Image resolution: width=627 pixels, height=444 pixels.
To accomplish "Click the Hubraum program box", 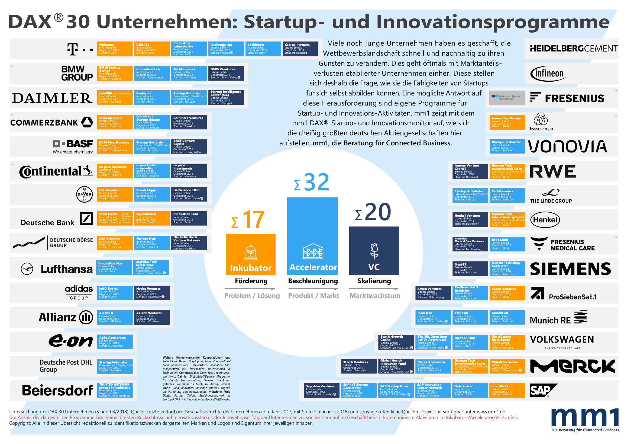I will click(x=115, y=49).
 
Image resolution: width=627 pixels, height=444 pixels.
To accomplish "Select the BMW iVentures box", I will click(x=226, y=73).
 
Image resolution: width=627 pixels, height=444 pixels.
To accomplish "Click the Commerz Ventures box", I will click(x=189, y=122).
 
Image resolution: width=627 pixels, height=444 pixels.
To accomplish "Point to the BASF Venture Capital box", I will click(x=189, y=146).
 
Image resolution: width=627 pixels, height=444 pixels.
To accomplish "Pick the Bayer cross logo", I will click(x=84, y=194).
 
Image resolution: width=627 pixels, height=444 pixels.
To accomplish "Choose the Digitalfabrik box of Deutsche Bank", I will click(x=151, y=218).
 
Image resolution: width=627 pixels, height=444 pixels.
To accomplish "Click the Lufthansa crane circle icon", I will click(x=27, y=269).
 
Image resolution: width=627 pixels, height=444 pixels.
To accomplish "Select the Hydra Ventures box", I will click(x=152, y=293).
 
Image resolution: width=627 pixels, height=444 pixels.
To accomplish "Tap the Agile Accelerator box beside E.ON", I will click(x=115, y=342).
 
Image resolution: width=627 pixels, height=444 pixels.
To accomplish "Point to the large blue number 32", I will click(x=316, y=182).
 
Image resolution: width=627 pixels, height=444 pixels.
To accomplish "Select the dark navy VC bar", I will click(x=374, y=250).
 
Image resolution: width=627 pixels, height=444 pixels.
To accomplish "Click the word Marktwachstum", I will click(x=375, y=296).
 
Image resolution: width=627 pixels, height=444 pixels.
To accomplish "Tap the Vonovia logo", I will click(x=567, y=146).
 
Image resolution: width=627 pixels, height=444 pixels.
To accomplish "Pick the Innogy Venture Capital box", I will click(x=468, y=171).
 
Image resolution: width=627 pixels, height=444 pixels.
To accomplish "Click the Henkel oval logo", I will click(x=545, y=220).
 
